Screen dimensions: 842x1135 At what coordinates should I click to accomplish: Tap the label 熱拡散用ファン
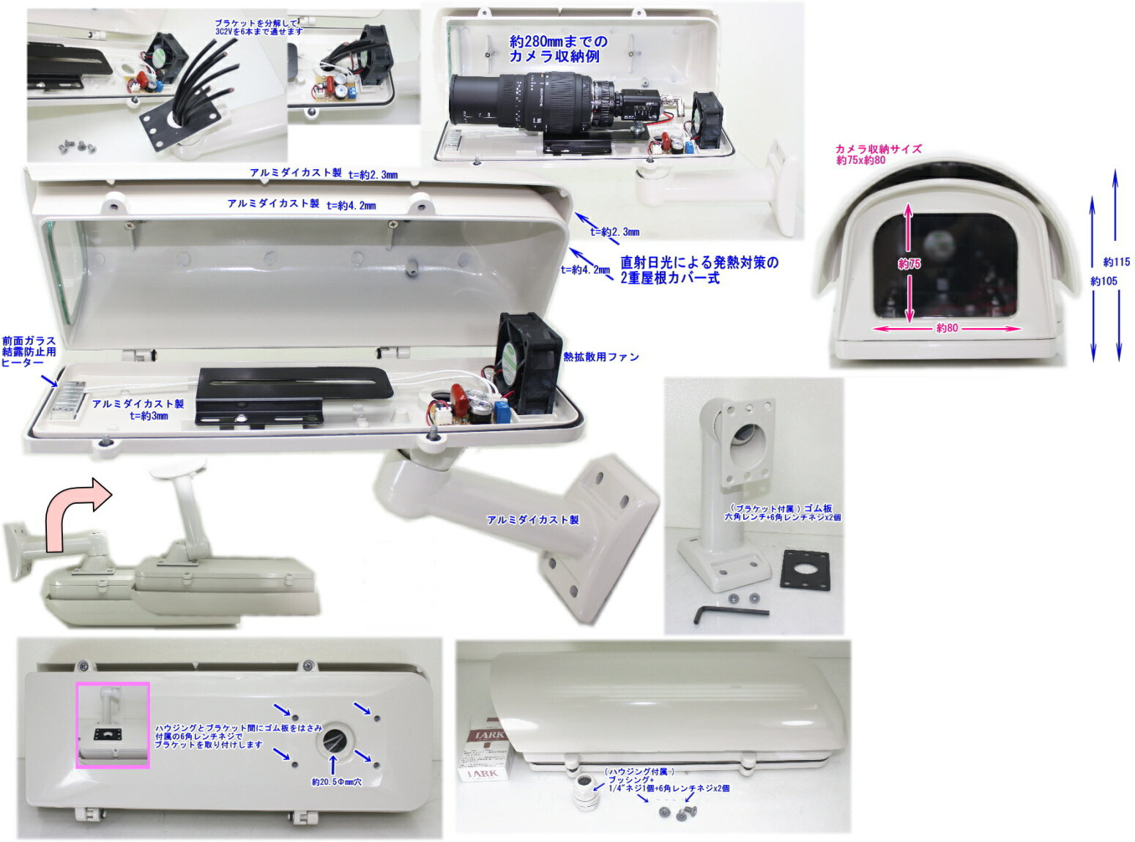600,357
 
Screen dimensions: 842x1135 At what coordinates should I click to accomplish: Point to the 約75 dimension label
909,264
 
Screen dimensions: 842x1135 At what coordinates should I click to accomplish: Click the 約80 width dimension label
947,328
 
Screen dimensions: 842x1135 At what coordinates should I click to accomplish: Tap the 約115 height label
1117,261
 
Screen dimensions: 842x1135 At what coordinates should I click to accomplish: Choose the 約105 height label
1104,280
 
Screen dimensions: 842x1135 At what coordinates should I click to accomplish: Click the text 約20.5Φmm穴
336,782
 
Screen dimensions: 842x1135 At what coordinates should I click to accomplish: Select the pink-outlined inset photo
113,725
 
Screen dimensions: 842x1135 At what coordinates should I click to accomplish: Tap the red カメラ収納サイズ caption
878,149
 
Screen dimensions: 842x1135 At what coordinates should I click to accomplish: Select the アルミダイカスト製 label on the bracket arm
532,520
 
